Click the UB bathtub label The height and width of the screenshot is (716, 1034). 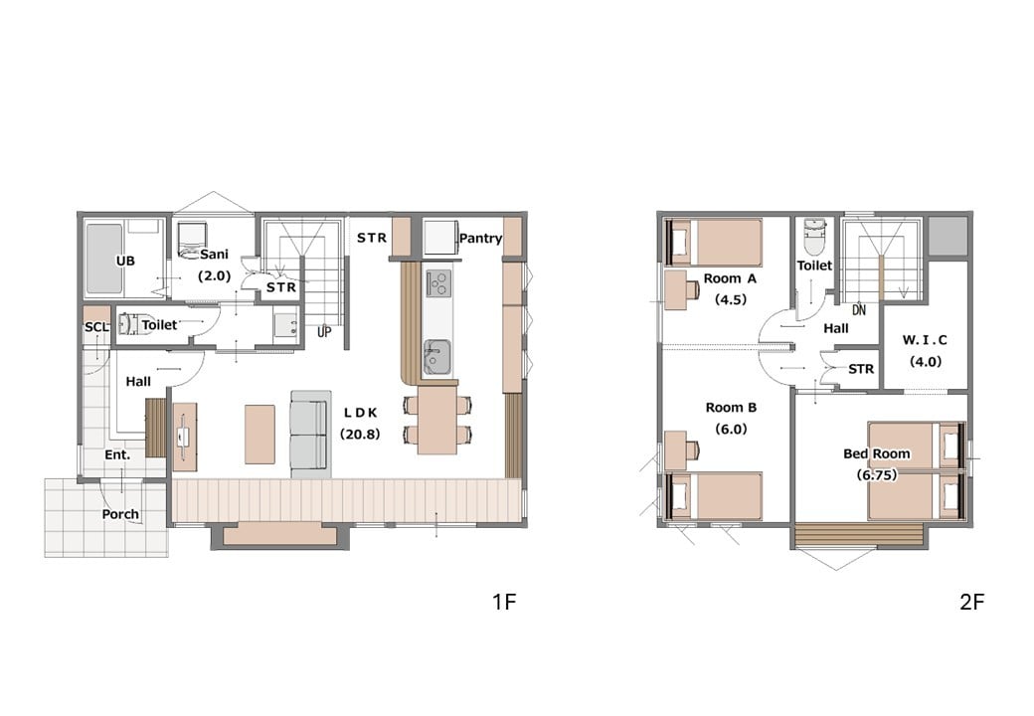(x=125, y=262)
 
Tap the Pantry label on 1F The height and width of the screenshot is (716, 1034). (x=481, y=238)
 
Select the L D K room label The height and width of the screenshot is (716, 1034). (x=361, y=413)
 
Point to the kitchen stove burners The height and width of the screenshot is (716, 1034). (x=437, y=282)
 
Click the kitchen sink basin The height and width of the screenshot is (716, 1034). (x=436, y=357)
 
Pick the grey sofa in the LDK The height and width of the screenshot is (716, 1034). (x=310, y=434)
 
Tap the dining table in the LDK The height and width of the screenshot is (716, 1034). (x=437, y=420)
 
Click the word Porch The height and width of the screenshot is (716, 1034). (x=120, y=514)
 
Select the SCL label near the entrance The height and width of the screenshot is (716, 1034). (x=96, y=327)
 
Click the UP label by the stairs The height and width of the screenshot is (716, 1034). (x=324, y=331)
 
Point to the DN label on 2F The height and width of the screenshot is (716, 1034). (x=859, y=310)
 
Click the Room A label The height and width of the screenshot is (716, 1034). (x=730, y=278)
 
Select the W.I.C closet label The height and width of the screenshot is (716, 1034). (x=925, y=340)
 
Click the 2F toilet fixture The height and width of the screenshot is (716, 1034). (x=814, y=236)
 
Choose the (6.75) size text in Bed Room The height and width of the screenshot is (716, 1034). (x=876, y=474)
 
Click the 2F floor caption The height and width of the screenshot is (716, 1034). (x=972, y=602)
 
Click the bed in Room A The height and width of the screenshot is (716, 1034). (x=714, y=243)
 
